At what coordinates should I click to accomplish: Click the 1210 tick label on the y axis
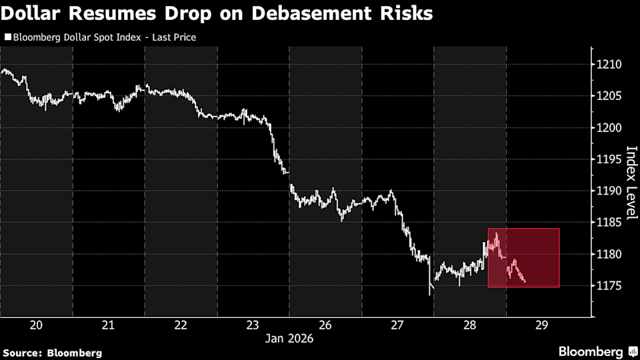pyautogui.click(x=611, y=65)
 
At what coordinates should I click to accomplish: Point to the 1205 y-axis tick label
pyautogui.click(x=611, y=96)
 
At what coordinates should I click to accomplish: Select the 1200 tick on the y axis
pyautogui.click(x=611, y=128)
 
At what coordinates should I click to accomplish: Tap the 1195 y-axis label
pyautogui.click(x=611, y=159)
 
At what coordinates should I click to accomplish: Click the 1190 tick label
pyautogui.click(x=611, y=191)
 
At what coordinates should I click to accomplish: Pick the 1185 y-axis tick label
pyautogui.click(x=611, y=223)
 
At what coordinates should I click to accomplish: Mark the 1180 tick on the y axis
pyautogui.click(x=611, y=255)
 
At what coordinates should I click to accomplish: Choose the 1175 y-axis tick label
pyautogui.click(x=611, y=286)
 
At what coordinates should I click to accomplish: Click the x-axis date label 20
pyautogui.click(x=37, y=325)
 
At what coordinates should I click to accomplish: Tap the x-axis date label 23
pyautogui.click(x=253, y=325)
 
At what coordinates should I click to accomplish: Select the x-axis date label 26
pyautogui.click(x=325, y=325)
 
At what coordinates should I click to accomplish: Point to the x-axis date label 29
pyautogui.click(x=542, y=325)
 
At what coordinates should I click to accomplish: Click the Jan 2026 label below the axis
pyautogui.click(x=289, y=338)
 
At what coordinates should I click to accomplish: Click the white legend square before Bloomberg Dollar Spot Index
pyautogui.click(x=7, y=38)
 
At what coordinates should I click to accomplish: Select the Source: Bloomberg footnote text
pyautogui.click(x=53, y=352)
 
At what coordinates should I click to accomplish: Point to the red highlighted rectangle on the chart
pyautogui.click(x=523, y=258)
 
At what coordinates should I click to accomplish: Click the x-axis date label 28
pyautogui.click(x=470, y=325)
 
